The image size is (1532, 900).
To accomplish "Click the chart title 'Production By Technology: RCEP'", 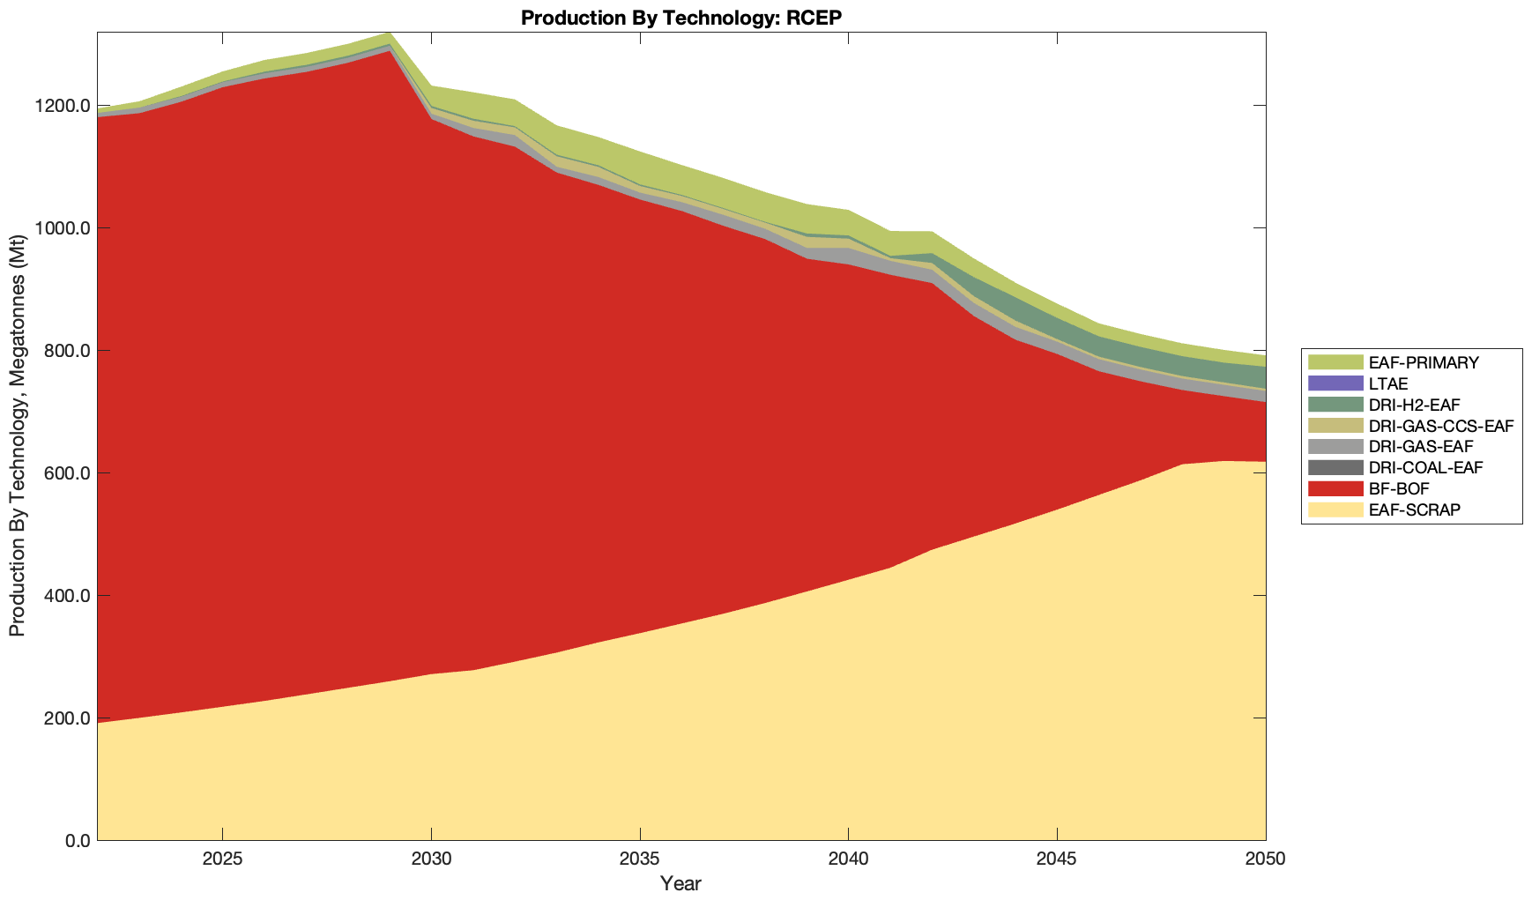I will (x=681, y=18).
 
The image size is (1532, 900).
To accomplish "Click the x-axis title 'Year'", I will (x=680, y=883).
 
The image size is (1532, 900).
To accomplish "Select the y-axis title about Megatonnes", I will (x=17, y=436).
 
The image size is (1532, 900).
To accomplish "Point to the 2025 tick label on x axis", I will (x=222, y=860).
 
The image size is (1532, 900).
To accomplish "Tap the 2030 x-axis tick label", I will (x=431, y=860).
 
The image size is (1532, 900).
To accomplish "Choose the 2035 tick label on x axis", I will (x=640, y=860).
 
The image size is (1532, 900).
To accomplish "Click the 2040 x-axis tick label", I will (x=848, y=860).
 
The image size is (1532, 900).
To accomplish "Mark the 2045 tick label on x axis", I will (x=1057, y=860).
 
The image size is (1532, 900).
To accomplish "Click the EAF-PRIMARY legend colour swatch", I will (x=1335, y=362).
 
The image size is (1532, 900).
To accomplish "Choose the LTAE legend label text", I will (x=1388, y=383).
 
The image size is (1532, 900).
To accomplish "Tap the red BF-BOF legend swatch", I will (x=1335, y=488).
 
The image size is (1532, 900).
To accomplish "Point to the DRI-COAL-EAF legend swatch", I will (x=1335, y=467).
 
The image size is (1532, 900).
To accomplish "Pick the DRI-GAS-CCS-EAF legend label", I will (x=1440, y=426).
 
